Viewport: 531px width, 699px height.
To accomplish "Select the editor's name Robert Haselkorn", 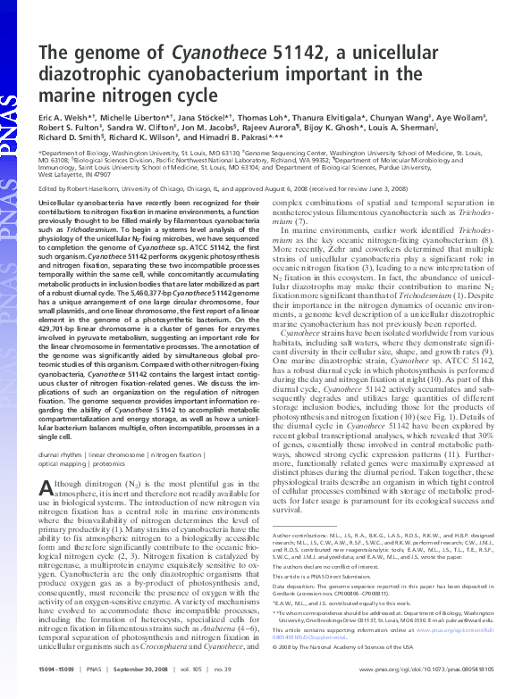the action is (x=100, y=189).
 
